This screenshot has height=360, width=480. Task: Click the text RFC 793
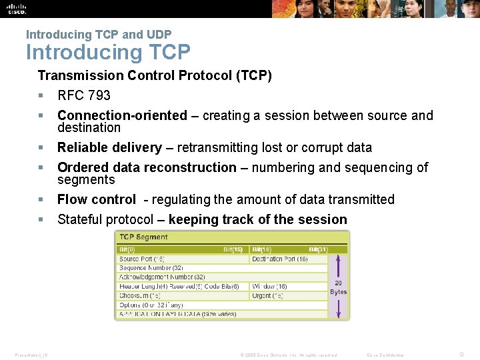(84, 95)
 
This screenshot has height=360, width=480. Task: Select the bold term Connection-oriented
(122, 115)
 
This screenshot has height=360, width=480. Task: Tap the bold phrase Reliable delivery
(109, 147)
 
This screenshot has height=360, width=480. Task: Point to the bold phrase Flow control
(96, 199)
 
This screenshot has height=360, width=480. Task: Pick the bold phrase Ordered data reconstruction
(147, 167)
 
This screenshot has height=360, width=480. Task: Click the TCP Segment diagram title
(143, 237)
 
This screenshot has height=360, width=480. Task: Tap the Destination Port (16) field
(279, 259)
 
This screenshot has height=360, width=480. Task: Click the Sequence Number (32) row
(152, 268)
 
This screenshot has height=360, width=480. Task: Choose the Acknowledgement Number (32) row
(162, 277)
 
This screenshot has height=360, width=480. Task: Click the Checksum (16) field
(140, 295)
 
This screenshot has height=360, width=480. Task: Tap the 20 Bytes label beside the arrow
(338, 287)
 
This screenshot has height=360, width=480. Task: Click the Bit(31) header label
(317, 249)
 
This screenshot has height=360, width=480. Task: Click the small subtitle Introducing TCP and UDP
(99, 35)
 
